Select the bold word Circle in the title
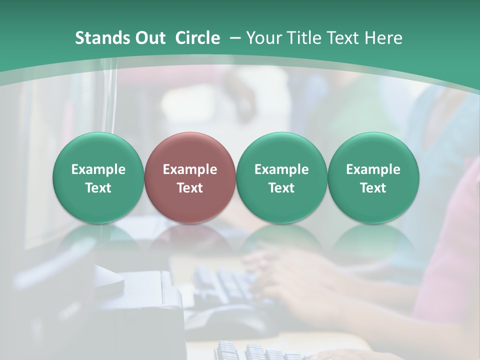point(197,38)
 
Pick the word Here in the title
point(383,38)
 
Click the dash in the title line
point(233,38)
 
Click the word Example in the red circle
point(190,169)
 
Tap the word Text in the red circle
point(190,188)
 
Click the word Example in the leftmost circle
point(98,169)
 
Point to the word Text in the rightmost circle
point(373,188)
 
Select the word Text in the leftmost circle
point(98,188)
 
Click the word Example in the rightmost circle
point(373,169)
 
